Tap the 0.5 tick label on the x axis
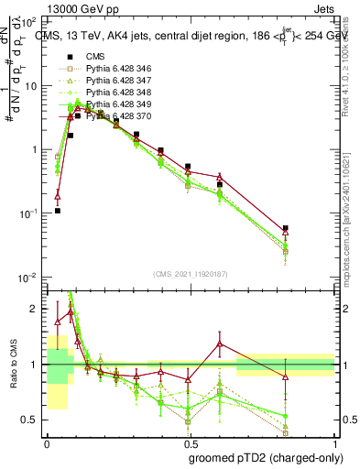coord(189,442)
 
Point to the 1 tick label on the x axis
coord(334,442)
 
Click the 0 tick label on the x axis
coord(46,442)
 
